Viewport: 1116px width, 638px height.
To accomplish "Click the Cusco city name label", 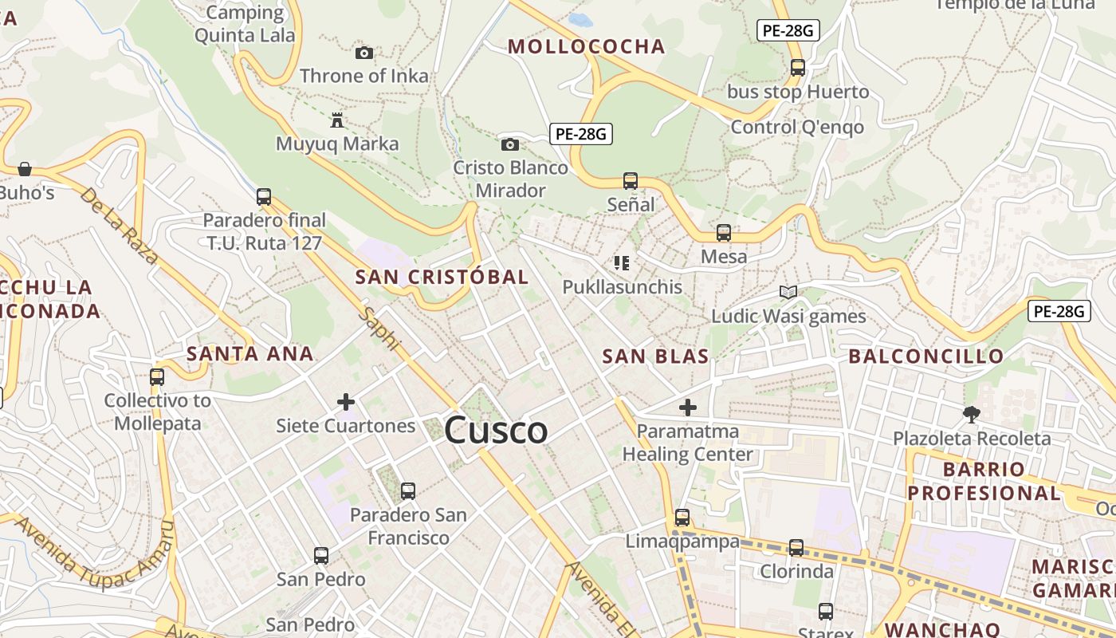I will pyautogui.click(x=496, y=431).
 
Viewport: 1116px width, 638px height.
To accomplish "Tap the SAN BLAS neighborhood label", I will pyautogui.click(x=655, y=356).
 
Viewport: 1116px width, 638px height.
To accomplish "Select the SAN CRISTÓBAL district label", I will pyautogui.click(x=442, y=278).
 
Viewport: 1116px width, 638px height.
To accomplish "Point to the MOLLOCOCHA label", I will pyautogui.click(x=587, y=47).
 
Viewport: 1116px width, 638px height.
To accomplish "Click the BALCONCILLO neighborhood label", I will pyautogui.click(x=925, y=356).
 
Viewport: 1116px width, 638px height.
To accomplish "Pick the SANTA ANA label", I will pyautogui.click(x=250, y=354).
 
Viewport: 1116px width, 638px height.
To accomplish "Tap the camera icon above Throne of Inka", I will pyautogui.click(x=364, y=53).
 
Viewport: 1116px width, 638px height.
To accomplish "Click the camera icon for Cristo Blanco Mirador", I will pyautogui.click(x=510, y=144).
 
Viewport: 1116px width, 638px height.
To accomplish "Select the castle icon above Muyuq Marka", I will pyautogui.click(x=337, y=120).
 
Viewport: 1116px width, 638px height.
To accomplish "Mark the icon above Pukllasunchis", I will pyautogui.click(x=622, y=262).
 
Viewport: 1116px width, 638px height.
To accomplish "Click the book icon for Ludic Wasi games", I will pyautogui.click(x=788, y=292).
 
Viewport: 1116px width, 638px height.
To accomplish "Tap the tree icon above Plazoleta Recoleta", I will pyautogui.click(x=971, y=414).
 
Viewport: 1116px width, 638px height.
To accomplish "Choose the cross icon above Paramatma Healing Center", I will pyautogui.click(x=687, y=408).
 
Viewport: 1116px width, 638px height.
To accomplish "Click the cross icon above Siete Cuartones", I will pyautogui.click(x=346, y=402).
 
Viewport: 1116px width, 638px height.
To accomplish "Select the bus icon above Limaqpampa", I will pyautogui.click(x=682, y=517).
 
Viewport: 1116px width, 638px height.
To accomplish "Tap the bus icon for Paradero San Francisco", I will pyautogui.click(x=408, y=490).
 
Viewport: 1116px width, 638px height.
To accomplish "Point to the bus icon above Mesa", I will pyautogui.click(x=724, y=233).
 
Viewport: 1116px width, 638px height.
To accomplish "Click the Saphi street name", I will pyautogui.click(x=379, y=328).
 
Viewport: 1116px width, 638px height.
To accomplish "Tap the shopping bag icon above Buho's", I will pyautogui.click(x=25, y=169).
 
